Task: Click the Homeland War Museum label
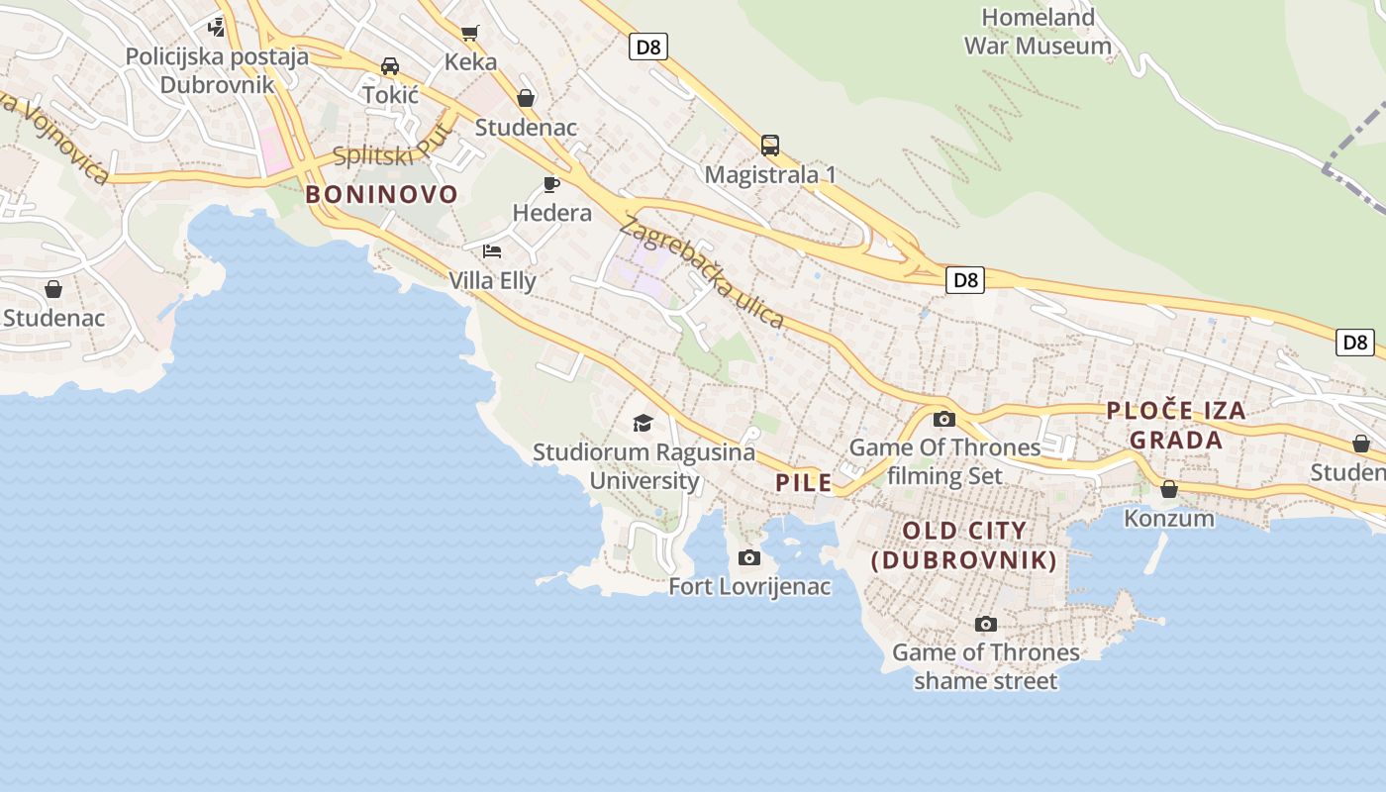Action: tap(1038, 32)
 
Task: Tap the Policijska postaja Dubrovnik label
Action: tap(217, 69)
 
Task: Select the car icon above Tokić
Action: tap(390, 66)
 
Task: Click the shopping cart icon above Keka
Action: tap(470, 33)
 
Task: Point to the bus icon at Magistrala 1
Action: tap(770, 146)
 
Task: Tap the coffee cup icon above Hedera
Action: tap(551, 184)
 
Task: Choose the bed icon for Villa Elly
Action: tap(492, 251)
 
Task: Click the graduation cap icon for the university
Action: tap(643, 424)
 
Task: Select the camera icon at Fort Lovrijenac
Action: tap(749, 558)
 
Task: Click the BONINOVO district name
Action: tap(382, 194)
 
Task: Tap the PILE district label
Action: tap(804, 483)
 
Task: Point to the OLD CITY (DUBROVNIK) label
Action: tap(964, 545)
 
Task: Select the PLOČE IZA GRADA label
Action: tap(1176, 425)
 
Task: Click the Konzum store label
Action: tap(1169, 518)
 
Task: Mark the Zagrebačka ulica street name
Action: tap(702, 272)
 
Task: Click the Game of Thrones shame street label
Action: tap(986, 666)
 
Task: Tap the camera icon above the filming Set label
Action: tap(944, 419)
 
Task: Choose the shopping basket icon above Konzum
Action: tap(1169, 489)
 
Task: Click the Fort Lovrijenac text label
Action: tap(749, 586)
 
